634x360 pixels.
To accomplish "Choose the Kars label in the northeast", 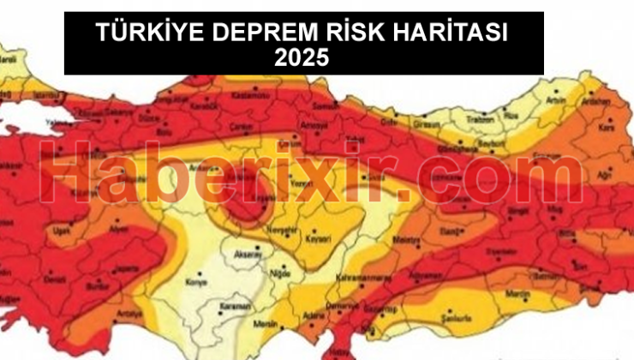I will click(x=610, y=127).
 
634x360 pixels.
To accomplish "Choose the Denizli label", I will click(x=54, y=279).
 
